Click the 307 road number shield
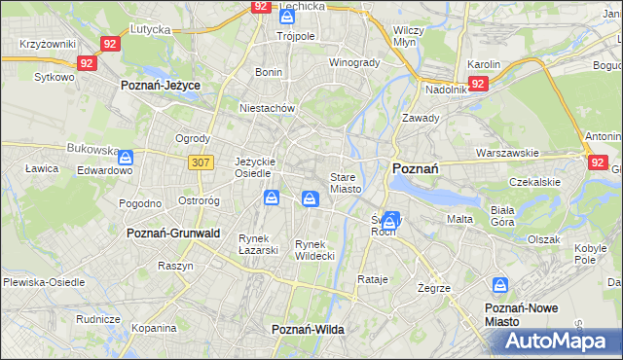click(x=201, y=162)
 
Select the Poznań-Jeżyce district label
click(x=160, y=86)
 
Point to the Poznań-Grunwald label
click(x=173, y=234)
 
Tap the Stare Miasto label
click(x=346, y=183)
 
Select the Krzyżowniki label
click(x=48, y=45)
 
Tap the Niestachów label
click(x=267, y=109)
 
